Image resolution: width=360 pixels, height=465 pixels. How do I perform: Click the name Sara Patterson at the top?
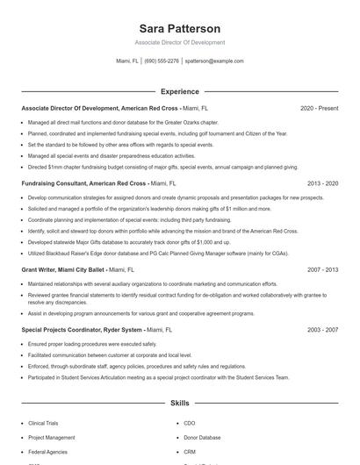(179, 28)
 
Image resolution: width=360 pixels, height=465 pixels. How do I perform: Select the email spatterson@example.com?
(214, 61)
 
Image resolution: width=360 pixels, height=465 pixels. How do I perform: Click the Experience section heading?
(179, 91)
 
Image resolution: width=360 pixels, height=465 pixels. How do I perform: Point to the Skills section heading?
(179, 404)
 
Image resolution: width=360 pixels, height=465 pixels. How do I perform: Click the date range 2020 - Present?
(319, 108)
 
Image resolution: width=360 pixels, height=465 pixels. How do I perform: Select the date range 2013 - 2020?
(322, 184)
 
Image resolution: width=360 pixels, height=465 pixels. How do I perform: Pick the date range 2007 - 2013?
(322, 270)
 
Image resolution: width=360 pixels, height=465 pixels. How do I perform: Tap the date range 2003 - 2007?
(322, 330)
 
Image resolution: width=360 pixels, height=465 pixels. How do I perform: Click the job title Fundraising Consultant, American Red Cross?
(83, 184)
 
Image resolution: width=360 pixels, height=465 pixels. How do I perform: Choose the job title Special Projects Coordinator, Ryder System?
(82, 330)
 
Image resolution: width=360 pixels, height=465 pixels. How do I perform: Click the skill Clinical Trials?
(44, 423)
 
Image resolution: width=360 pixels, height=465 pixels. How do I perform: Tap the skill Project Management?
(51, 437)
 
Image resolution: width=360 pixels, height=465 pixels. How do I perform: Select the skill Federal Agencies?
(47, 451)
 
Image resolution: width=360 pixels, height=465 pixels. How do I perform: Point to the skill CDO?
(189, 423)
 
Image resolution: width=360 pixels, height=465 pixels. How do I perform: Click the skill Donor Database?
(201, 437)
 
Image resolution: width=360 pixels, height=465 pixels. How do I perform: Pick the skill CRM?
(189, 451)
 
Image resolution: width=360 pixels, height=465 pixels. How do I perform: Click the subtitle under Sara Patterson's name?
(179, 42)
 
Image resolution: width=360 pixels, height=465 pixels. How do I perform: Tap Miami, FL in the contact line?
(127, 61)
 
